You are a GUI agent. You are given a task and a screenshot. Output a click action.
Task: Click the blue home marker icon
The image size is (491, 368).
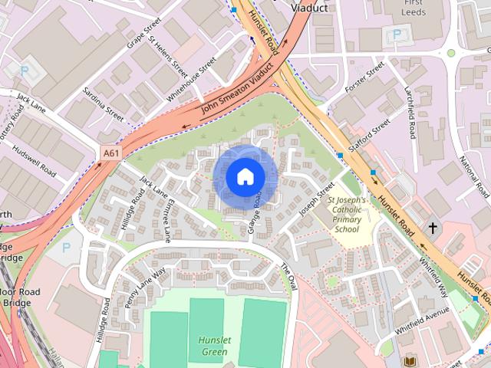pos(245,177)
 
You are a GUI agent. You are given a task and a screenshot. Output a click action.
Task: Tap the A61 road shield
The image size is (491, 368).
pos(111,153)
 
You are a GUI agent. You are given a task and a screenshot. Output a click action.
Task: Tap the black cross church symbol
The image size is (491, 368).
pos(433,228)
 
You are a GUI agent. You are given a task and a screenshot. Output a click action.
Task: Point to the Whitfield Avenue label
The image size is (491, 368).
pos(422,320)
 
